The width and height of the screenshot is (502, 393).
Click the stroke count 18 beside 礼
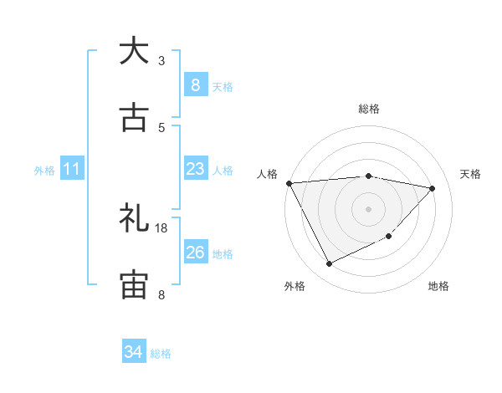coord(161,227)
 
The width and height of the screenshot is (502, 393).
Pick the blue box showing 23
coord(195,169)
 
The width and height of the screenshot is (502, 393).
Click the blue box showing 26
coord(195,253)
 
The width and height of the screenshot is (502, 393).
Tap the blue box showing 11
coord(71,169)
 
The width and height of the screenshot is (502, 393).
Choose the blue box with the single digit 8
coord(195,85)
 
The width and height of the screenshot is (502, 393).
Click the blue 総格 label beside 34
coord(161,354)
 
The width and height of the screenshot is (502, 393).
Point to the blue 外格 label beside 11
coord(44,170)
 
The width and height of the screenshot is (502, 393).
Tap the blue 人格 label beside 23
coord(223,170)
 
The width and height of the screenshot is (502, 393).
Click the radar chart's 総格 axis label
coord(368,109)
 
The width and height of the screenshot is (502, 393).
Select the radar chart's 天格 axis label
coord(471,174)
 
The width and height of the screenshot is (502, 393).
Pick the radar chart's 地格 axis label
coord(438,286)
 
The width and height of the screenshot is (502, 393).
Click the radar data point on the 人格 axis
coord(289,183)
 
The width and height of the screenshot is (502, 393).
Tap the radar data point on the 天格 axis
coord(433,188)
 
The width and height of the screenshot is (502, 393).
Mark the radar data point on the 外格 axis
coord(329,264)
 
